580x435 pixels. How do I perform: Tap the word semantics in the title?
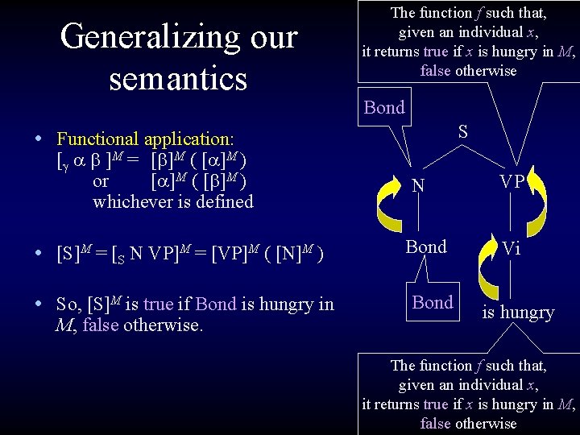[x=179, y=78]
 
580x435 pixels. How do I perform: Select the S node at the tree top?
[x=463, y=131]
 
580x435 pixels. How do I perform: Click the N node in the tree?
[x=418, y=186]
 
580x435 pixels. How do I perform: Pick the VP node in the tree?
[x=512, y=182]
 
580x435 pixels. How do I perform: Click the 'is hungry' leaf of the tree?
[x=518, y=313]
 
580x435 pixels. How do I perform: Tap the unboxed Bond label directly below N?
[x=426, y=247]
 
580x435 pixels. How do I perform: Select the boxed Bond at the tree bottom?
[x=433, y=302]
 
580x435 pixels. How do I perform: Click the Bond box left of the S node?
[x=384, y=108]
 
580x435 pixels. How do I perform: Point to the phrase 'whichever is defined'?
[x=172, y=201]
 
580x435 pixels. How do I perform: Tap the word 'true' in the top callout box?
[x=436, y=51]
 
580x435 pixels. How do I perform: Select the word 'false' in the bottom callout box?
[x=436, y=423]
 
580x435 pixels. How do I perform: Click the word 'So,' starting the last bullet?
[x=69, y=305]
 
